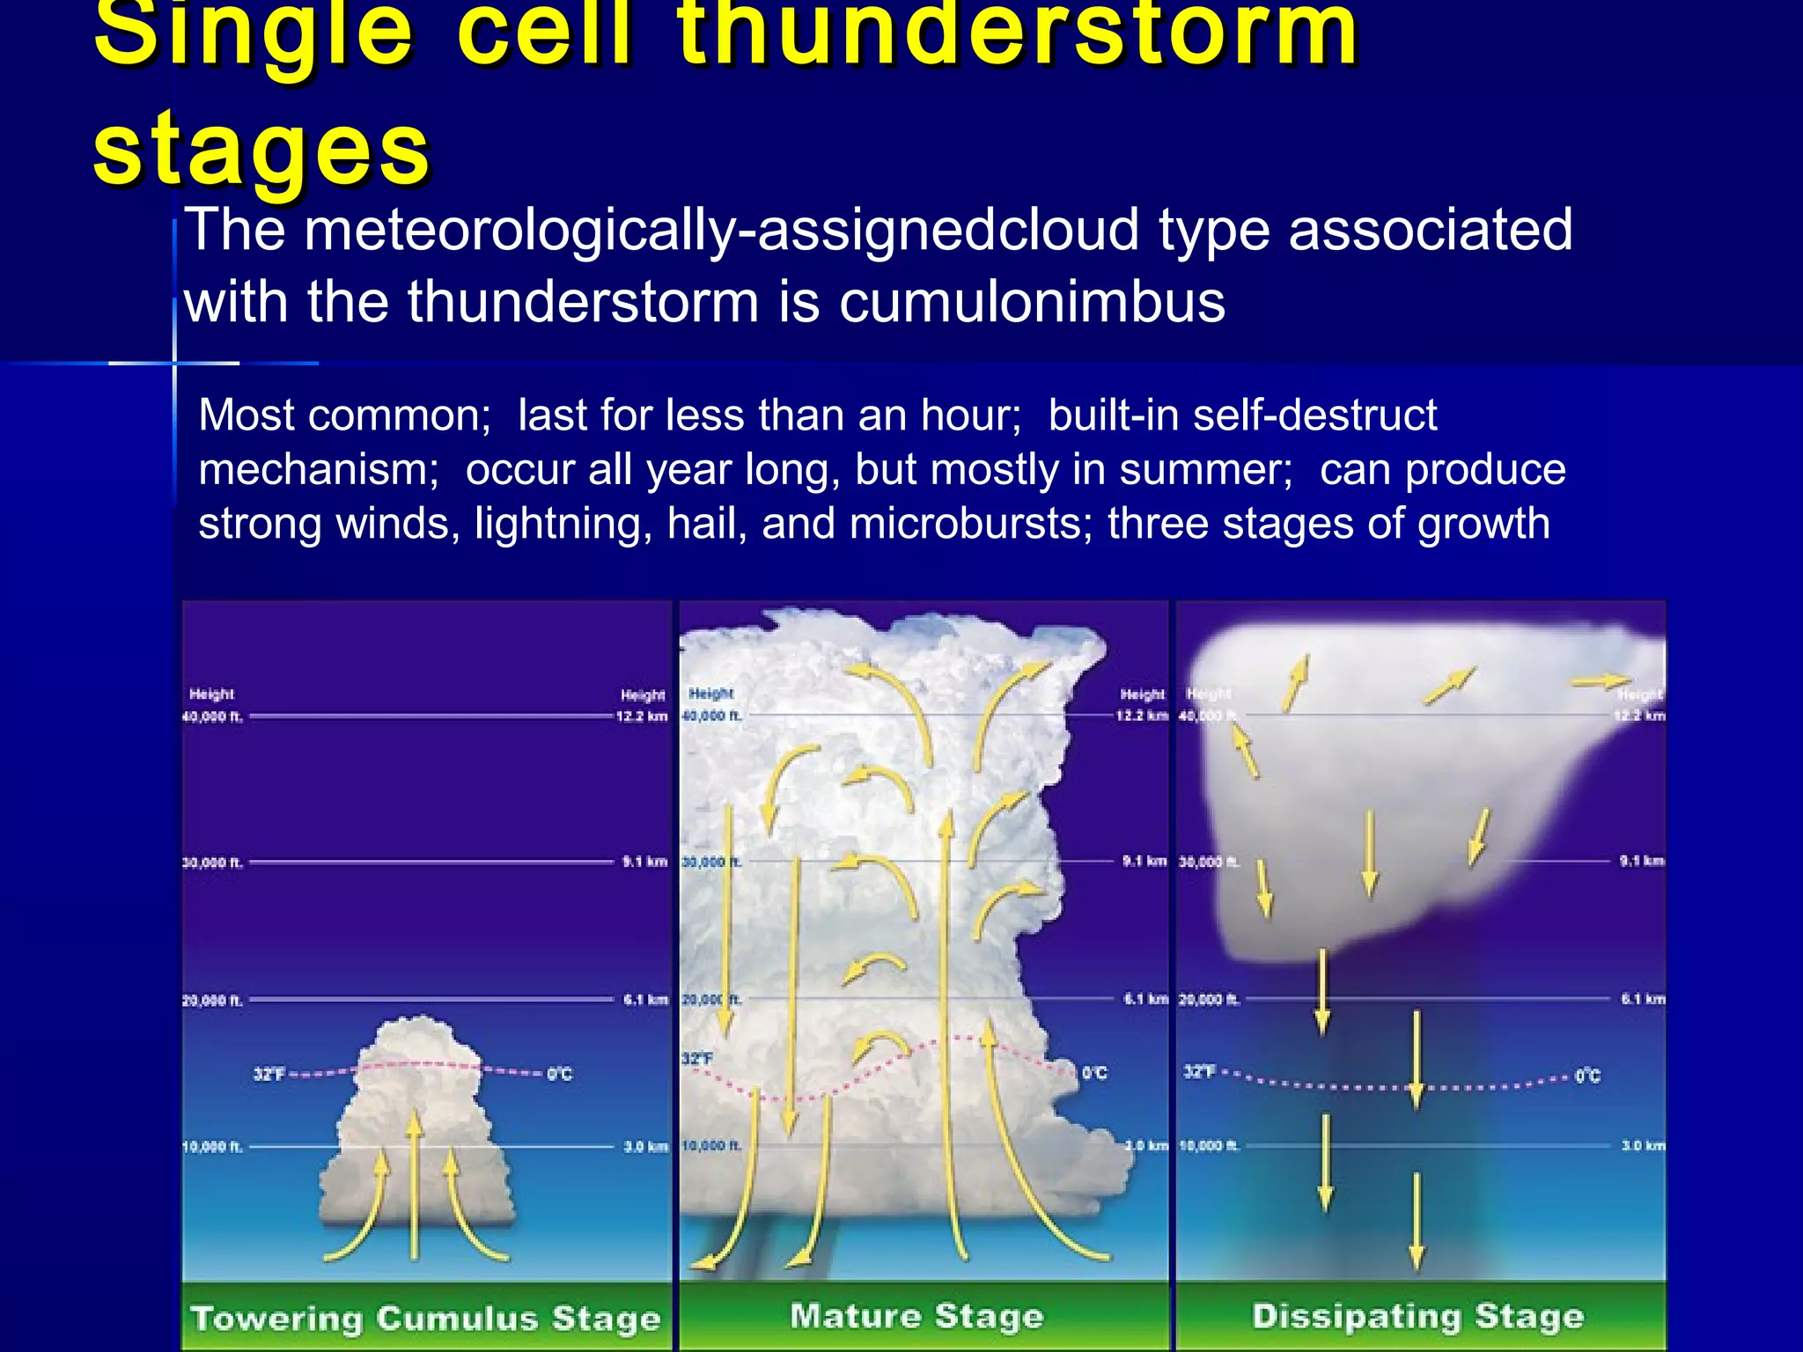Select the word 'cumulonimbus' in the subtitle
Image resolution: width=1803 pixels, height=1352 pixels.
(x=1031, y=302)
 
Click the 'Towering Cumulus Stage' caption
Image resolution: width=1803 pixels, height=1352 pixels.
(x=426, y=1319)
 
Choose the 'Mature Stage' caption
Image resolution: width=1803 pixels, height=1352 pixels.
(x=916, y=1316)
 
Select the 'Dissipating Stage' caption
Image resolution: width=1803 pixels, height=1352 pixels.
(x=1417, y=1316)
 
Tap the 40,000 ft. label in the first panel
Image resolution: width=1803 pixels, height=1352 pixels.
(x=212, y=716)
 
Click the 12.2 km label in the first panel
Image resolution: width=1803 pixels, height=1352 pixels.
(x=642, y=716)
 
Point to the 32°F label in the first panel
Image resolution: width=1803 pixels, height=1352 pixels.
(x=269, y=1074)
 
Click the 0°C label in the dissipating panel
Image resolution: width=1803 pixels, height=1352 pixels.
(x=1587, y=1076)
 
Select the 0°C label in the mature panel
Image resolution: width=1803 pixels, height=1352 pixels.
(x=1094, y=1073)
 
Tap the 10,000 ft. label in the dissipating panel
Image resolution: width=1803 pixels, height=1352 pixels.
(x=1209, y=1146)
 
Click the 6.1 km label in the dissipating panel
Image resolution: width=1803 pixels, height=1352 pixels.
(x=1643, y=999)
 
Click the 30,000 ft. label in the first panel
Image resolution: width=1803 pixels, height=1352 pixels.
(x=212, y=863)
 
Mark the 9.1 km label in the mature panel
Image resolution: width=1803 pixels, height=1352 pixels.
(x=1144, y=861)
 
